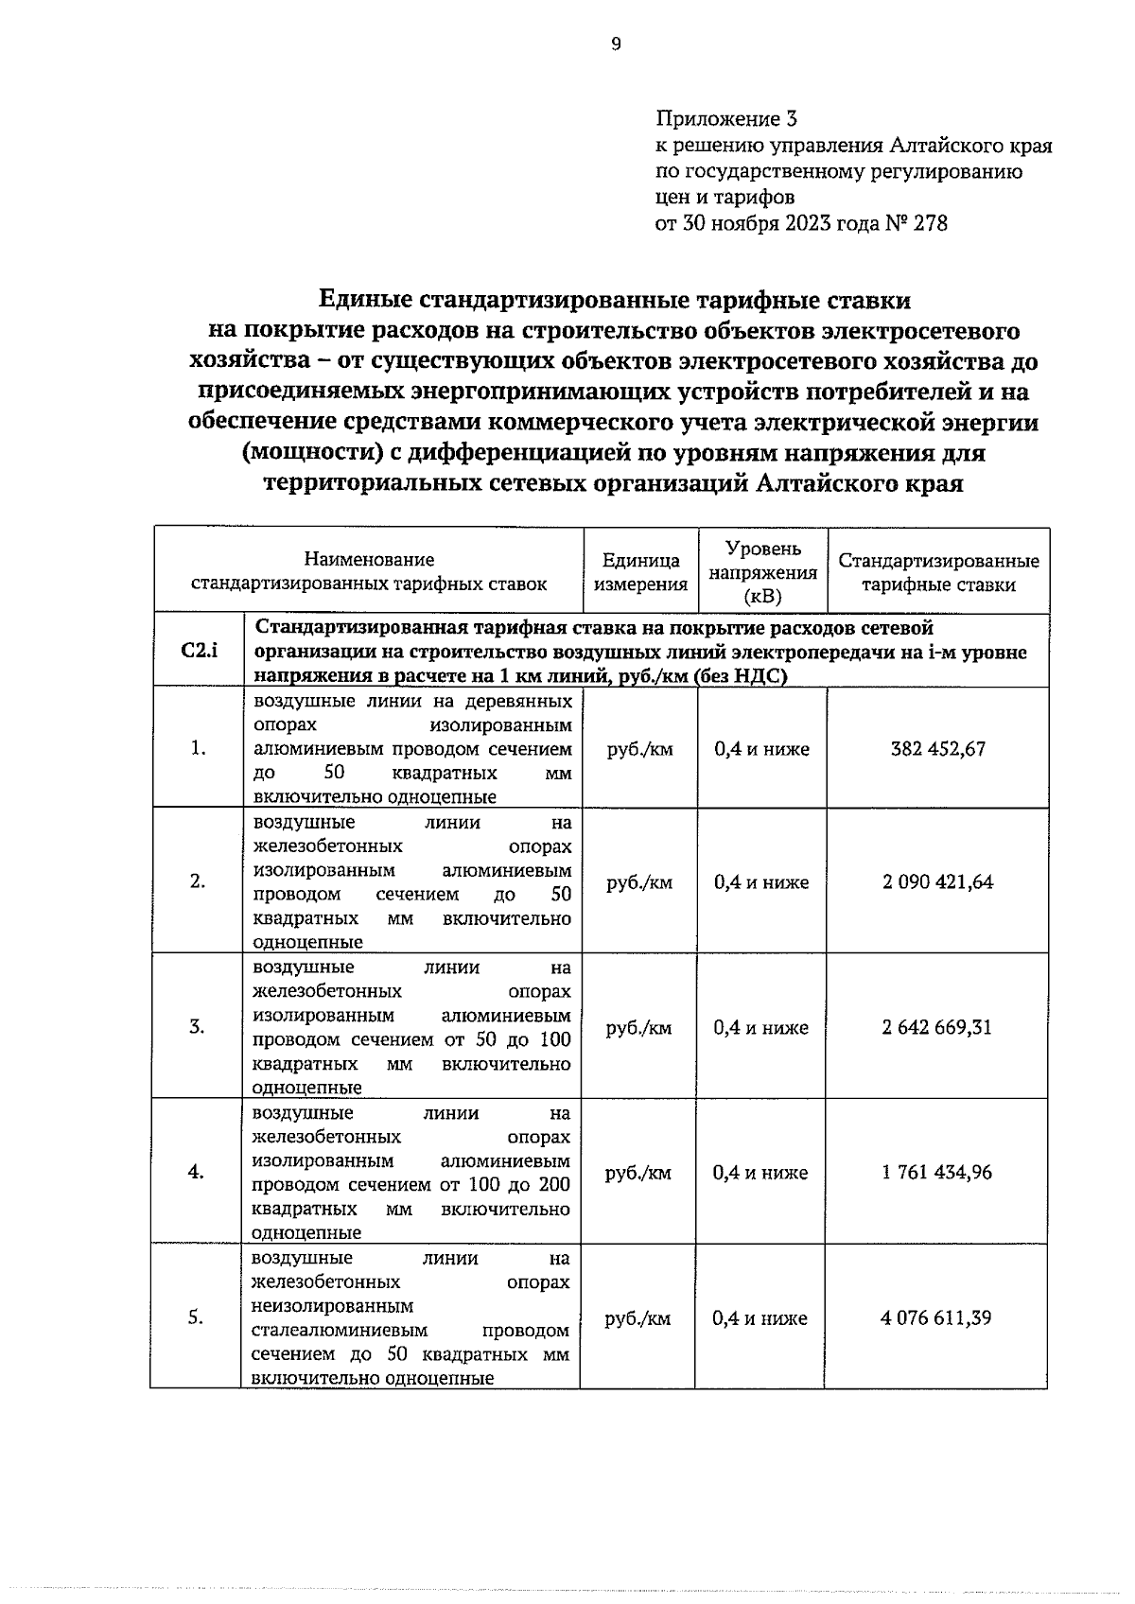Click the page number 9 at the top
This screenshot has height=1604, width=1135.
click(x=616, y=44)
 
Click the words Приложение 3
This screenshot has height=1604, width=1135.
click(x=726, y=119)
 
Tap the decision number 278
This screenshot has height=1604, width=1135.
click(x=930, y=224)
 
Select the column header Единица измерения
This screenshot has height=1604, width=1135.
click(x=640, y=572)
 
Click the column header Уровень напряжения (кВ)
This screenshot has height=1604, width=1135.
click(x=762, y=572)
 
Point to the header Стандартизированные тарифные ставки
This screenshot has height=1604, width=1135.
click(x=938, y=572)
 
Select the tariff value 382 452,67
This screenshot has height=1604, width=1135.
click(x=937, y=749)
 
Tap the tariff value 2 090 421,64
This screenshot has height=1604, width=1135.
click(x=937, y=882)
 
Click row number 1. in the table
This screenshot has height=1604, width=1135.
click(x=198, y=749)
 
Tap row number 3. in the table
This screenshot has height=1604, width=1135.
click(x=197, y=1027)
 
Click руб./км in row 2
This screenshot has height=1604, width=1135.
click(x=639, y=882)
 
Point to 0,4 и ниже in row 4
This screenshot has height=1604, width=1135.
click(x=760, y=1173)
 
